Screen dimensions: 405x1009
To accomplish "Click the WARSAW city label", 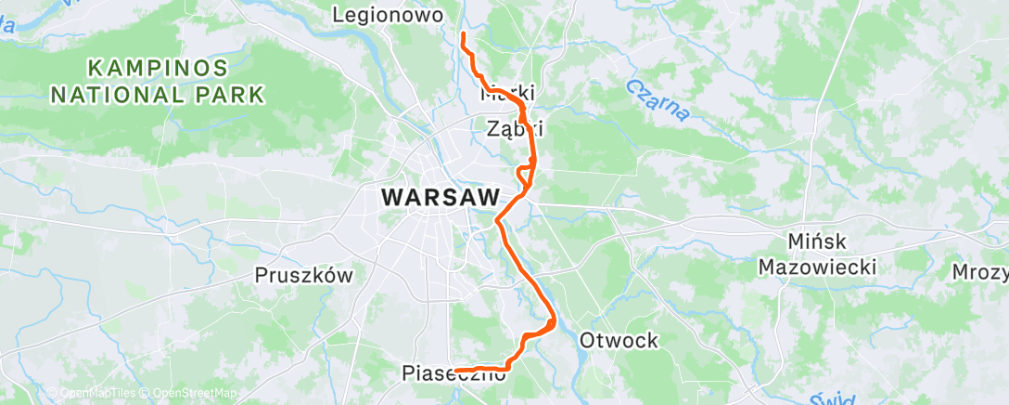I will tap(440, 198).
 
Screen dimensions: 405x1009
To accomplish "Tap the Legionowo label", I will tap(390, 15).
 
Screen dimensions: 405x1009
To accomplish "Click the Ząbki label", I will tap(515, 130).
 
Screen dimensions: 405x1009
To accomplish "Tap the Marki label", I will tap(508, 95).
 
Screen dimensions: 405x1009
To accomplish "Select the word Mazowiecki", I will tap(817, 268).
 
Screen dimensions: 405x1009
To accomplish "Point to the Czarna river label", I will tap(658, 99).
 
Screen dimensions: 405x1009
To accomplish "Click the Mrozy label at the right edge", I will tap(981, 272).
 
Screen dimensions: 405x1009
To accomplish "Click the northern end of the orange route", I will tap(463, 34).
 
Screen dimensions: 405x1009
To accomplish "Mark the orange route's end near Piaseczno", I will tap(456, 372).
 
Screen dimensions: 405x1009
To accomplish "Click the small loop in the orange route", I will tap(525, 172).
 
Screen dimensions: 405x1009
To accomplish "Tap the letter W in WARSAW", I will tap(392, 198).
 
